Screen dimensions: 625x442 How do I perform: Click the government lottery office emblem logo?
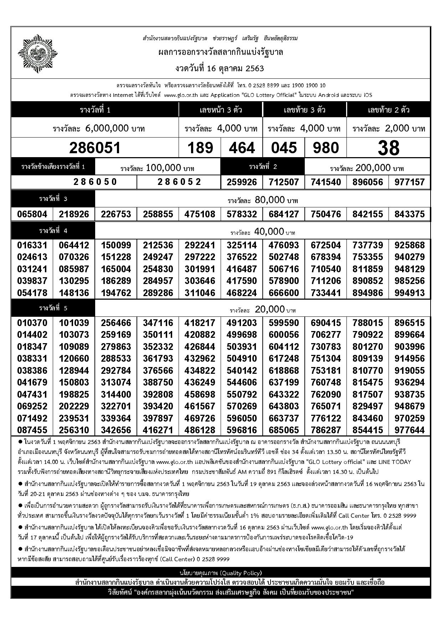pyautogui.click(x=37, y=53)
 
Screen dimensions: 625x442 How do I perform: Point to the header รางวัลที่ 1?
pyautogui.click(x=95, y=110)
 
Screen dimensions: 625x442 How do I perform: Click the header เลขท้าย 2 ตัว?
pyautogui.click(x=388, y=110)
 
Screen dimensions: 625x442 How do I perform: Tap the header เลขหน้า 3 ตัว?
pyautogui.click(x=221, y=110)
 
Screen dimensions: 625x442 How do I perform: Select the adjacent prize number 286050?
pyautogui.click(x=95, y=182)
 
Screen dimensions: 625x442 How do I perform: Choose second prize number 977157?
pyautogui.click(x=410, y=182)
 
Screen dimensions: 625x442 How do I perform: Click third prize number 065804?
pyautogui.click(x=32, y=214)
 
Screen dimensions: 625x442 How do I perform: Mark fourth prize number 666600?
pyautogui.click(x=284, y=293)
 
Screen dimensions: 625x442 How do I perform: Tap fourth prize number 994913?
pyautogui.click(x=410, y=293)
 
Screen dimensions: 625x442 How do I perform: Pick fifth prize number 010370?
pyautogui.click(x=32, y=323)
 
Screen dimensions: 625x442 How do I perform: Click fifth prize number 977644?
pyautogui.click(x=410, y=430)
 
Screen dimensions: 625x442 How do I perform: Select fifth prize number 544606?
pyautogui.click(x=242, y=382)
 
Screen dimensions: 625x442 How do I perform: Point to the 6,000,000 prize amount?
pyautogui.click(x=115, y=128)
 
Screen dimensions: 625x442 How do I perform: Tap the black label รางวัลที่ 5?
pyautogui.click(x=53, y=308)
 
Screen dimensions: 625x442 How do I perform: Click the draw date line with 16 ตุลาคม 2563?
pyautogui.click(x=220, y=68)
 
